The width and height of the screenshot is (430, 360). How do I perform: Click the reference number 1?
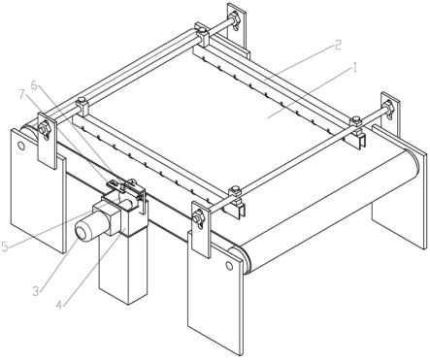[x=354, y=68]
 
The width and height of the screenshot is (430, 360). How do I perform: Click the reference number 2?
[x=338, y=45]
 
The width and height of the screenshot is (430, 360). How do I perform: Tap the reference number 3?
[x=36, y=291]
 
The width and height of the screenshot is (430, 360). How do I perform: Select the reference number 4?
[x=58, y=305]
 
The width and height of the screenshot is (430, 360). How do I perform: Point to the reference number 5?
[x=4, y=246]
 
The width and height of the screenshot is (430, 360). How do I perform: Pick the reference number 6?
[x=34, y=85]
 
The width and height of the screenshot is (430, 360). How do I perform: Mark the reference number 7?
[x=22, y=95]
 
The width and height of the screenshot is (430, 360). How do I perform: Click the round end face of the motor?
[x=83, y=232]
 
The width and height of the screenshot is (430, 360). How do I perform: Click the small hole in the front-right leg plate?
[x=229, y=266]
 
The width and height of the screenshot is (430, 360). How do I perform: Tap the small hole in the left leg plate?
[x=21, y=147]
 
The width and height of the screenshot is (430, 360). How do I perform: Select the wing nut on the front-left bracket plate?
[x=45, y=130]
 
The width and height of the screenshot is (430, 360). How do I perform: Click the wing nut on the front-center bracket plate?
[x=199, y=217]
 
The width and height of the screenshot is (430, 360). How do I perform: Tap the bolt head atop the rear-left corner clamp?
[x=201, y=31]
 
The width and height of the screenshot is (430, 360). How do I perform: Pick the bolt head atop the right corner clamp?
[x=356, y=119]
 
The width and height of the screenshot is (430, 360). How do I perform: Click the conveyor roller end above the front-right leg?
[x=240, y=257]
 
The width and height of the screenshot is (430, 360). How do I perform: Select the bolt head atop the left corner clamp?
[x=82, y=100]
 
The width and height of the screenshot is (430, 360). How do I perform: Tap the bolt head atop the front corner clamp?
[x=235, y=188]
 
